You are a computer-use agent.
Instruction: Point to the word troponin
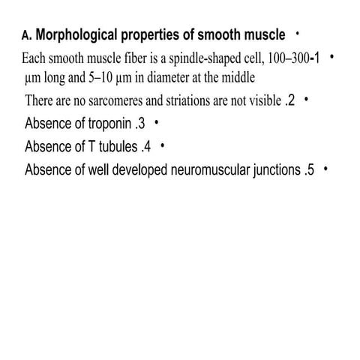click(x=109, y=124)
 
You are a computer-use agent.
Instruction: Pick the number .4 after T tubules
click(x=146, y=146)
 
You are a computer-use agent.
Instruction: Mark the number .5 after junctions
click(x=309, y=169)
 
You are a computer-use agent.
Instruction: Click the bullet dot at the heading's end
click(x=298, y=34)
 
